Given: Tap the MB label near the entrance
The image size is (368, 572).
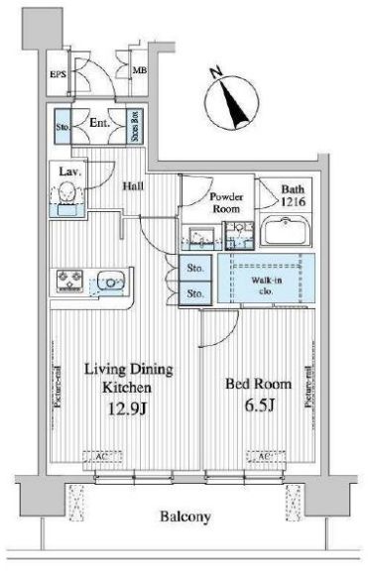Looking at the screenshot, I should click(x=141, y=72).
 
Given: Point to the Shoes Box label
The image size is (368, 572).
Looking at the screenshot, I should click(x=134, y=129).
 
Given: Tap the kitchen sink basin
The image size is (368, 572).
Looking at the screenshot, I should click(x=110, y=283).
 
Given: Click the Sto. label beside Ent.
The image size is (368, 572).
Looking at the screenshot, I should click(x=62, y=127).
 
